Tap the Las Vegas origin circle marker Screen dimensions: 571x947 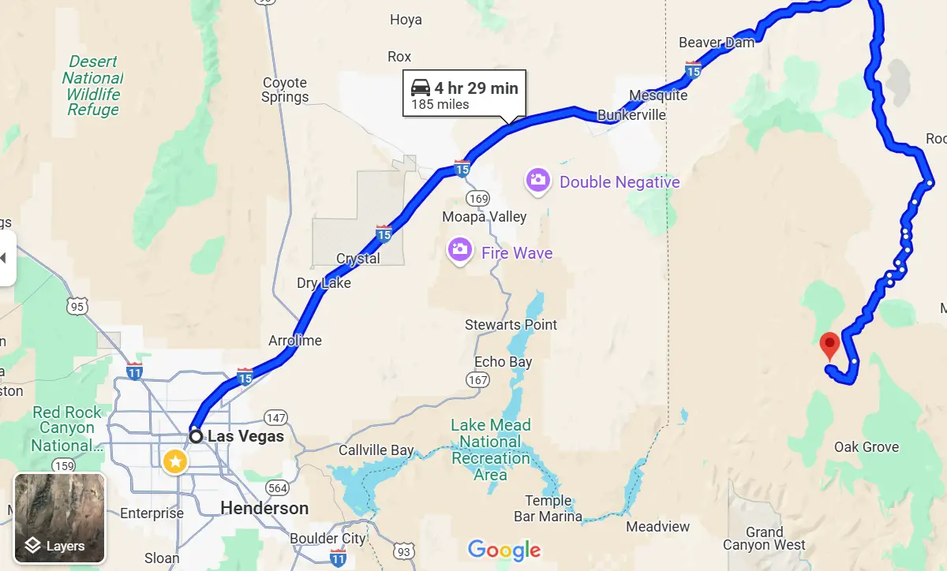[196, 436]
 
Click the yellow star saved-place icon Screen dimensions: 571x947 [175, 461]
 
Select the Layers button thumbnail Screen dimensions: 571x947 [59, 518]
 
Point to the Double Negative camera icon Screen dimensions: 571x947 [537, 181]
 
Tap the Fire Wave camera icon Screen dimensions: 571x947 [460, 251]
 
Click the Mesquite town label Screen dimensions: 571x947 [658, 95]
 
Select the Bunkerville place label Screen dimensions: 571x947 [631, 115]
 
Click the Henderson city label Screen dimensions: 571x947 [264, 508]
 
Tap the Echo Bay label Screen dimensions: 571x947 [503, 362]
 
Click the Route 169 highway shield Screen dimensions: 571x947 [477, 197]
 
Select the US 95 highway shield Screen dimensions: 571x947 [77, 304]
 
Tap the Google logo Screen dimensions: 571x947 [503, 550]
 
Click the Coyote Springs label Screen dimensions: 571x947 [285, 90]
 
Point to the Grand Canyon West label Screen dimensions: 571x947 [764, 539]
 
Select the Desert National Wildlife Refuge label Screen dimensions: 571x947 [92, 85]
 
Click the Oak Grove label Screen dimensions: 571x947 [867, 447]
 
